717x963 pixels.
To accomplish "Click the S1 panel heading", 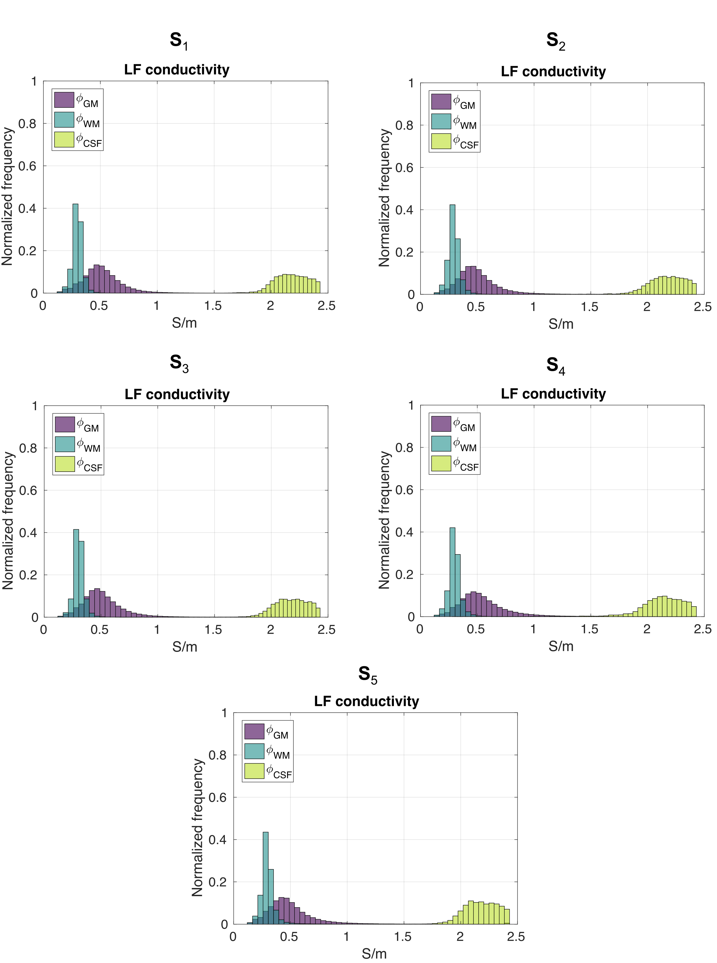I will (x=179, y=41).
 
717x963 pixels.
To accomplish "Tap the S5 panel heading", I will (x=368, y=675).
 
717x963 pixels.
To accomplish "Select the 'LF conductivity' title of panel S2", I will (x=553, y=72).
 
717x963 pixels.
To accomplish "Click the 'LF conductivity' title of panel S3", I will (x=177, y=394).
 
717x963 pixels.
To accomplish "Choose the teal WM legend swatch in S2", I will (x=441, y=121).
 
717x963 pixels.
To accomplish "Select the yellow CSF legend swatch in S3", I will (x=65, y=464).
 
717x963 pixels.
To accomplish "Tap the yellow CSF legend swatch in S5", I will (x=254, y=771).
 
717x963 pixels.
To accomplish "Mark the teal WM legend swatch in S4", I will (x=441, y=444).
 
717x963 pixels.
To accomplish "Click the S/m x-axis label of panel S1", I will (x=184, y=323).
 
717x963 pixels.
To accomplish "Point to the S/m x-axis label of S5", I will (x=374, y=953).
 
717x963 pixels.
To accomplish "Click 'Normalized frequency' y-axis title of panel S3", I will (x=8, y=520).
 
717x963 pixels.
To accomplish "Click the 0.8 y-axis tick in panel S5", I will (x=217, y=755).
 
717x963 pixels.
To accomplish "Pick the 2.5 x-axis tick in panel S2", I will (x=703, y=307).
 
